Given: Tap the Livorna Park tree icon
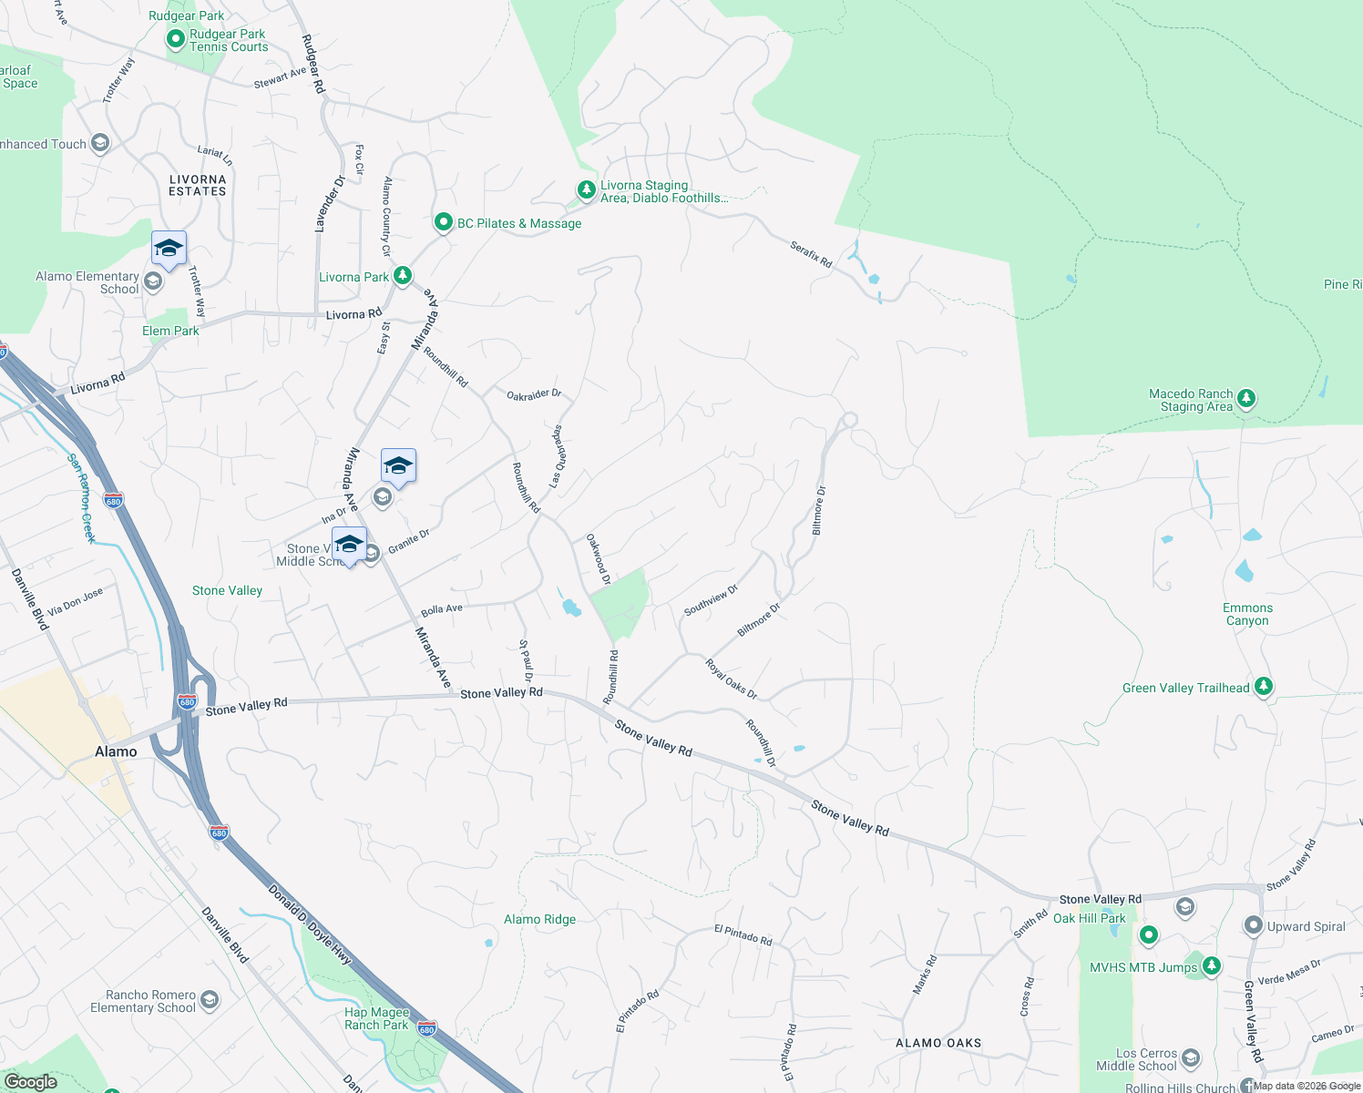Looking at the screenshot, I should (403, 276).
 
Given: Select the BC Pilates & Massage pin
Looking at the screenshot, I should (444, 222).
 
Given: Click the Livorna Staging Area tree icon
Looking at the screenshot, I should (586, 190).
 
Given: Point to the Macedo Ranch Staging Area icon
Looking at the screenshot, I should (1246, 399).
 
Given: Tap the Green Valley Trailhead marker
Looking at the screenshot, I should (1263, 687).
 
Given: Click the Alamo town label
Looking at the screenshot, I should (116, 751).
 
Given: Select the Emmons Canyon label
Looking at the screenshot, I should (1247, 614).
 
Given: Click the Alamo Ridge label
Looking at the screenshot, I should (539, 919).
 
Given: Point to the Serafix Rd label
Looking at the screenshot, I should (811, 254).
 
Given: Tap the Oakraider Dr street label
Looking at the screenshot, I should (534, 394).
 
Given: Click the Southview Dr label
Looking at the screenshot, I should (711, 601).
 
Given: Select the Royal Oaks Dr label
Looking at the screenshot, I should (732, 679).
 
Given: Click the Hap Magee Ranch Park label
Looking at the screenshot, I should (376, 1018).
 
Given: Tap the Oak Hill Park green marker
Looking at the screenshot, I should (1149, 935).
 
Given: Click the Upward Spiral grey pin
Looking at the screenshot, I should (1254, 925).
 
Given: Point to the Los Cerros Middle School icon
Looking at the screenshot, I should (1190, 1059).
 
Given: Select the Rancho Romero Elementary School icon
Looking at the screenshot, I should (209, 1001).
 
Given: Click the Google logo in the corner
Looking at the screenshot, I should (30, 1081).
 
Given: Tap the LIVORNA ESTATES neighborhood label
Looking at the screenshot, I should (198, 185).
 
